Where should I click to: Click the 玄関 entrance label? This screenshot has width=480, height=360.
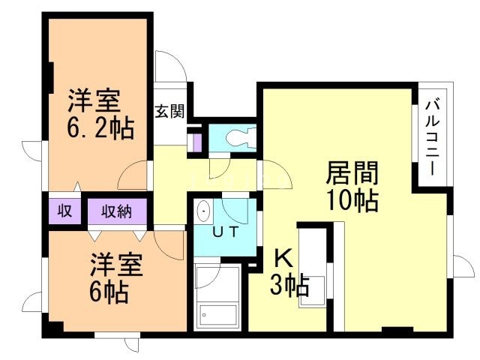[169, 112]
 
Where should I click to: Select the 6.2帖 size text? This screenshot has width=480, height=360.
[100, 129]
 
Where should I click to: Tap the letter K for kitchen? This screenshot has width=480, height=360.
[282, 258]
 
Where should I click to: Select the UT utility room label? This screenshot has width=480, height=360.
[225, 232]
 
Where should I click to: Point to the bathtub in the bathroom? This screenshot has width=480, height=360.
[217, 314]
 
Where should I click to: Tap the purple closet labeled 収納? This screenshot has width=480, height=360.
[117, 211]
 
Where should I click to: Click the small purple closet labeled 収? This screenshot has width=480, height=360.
[65, 211]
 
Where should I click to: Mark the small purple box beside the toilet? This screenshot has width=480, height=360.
[196, 140]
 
